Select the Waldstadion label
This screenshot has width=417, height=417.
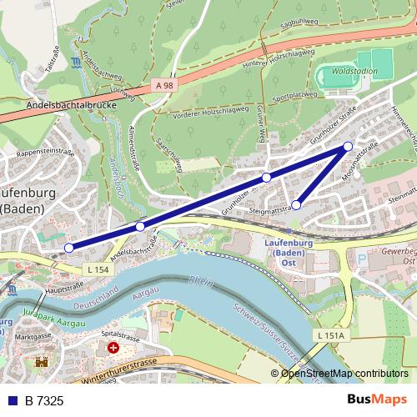click(x=354, y=72)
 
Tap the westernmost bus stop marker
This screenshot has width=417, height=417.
click(x=69, y=247)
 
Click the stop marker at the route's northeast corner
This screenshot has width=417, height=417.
click(x=349, y=147)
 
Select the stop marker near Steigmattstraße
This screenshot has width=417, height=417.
click(x=296, y=204)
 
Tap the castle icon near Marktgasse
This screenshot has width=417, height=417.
click(x=42, y=363)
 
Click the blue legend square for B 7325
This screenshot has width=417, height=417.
click(x=12, y=401)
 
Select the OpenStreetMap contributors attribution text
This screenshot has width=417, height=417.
click(x=344, y=374)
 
